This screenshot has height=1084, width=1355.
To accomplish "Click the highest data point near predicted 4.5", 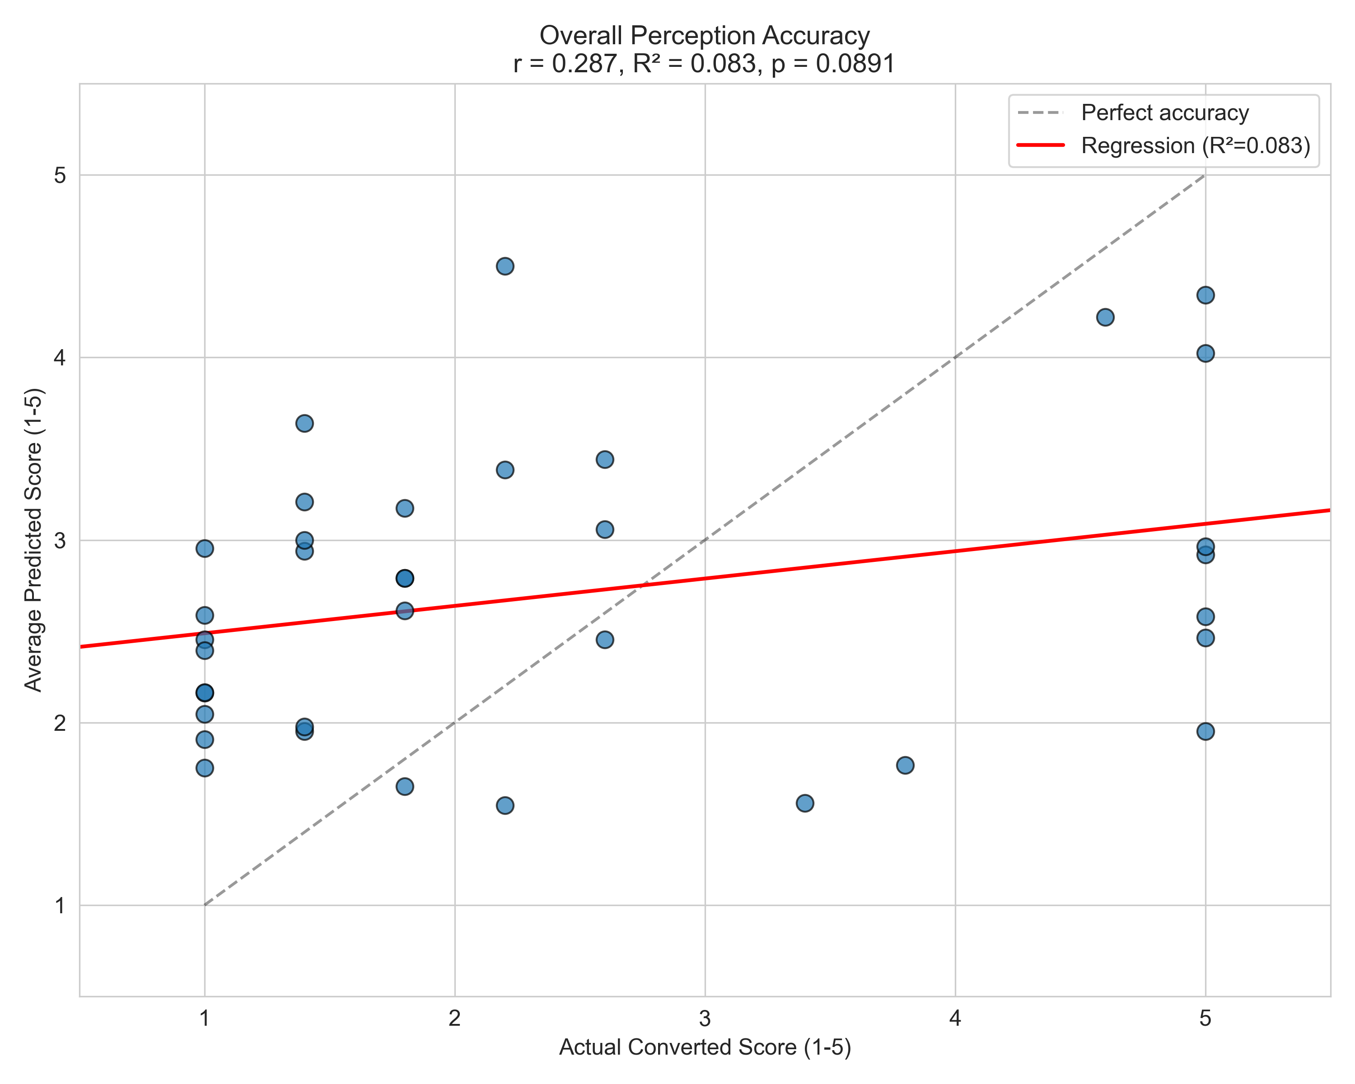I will tap(505, 266).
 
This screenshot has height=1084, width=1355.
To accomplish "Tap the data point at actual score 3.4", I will tap(804, 803).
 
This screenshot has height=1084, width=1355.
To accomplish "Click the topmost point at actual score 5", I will tap(1205, 295).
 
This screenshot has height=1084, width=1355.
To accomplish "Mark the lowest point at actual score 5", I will tap(1205, 731).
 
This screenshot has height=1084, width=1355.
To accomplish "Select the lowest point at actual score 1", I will tap(204, 768).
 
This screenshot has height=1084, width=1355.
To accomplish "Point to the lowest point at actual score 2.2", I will tap(505, 805).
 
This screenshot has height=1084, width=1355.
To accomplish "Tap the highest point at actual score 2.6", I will tap(605, 459).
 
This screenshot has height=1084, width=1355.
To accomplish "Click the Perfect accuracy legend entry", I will tap(1164, 113).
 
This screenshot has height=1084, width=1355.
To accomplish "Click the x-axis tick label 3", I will tap(705, 1018).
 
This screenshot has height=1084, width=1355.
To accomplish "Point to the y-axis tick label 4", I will tap(60, 358).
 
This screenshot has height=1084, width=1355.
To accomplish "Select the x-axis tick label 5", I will tap(1205, 1018).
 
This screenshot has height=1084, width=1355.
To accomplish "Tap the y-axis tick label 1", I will tap(60, 906).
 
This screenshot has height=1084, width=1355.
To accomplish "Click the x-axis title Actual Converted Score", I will tap(705, 1047).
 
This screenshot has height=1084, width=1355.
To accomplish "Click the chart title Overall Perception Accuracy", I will tap(705, 36).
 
